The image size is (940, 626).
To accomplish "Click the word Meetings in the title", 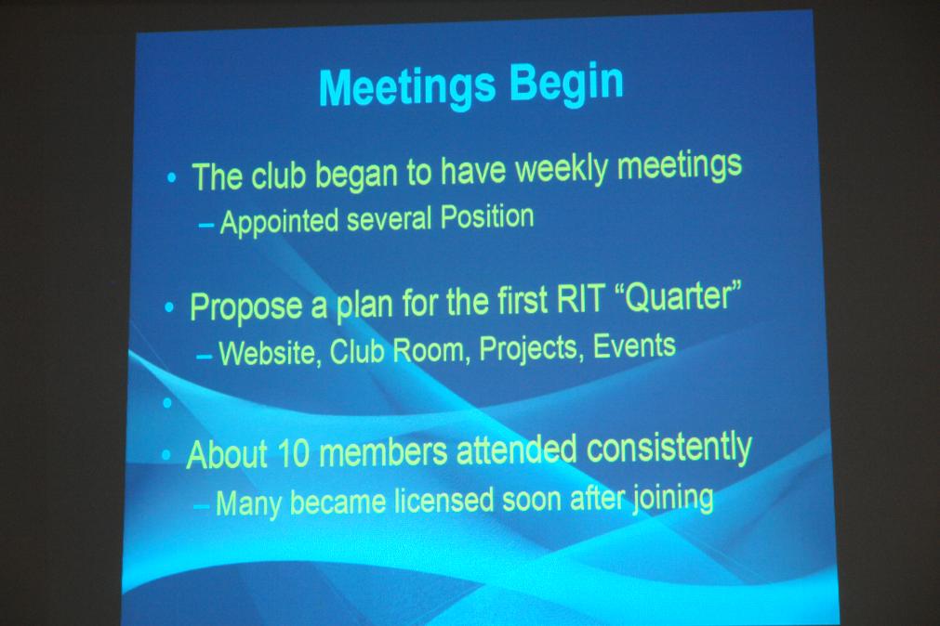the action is click(407, 87).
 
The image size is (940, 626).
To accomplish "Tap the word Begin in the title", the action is click(566, 83).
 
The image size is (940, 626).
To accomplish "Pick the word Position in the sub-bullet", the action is click(487, 216).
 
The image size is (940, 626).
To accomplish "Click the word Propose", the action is click(246, 307).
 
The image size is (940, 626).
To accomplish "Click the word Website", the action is click(266, 353).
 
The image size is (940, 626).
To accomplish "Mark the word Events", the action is click(634, 346).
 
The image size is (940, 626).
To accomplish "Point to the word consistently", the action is click(669, 449).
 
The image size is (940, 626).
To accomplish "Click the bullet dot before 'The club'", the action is click(172, 177).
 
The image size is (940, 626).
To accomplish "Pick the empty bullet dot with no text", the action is click(167, 403).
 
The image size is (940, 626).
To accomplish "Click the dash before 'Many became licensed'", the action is click(202, 506).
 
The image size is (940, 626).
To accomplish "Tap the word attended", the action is click(517, 450).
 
